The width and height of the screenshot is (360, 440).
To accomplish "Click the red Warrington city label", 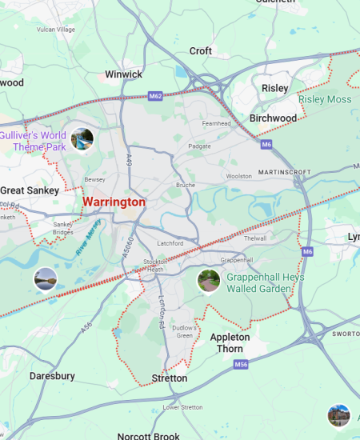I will pos(114,202).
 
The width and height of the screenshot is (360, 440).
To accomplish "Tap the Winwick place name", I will pos(123,74).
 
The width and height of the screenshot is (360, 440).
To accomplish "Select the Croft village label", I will pos(201,51).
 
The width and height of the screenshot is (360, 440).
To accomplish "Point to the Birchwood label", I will pos(273,118).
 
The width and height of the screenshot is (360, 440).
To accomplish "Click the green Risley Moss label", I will pos(325,100).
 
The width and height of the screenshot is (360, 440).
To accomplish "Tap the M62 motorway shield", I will pos(157,96).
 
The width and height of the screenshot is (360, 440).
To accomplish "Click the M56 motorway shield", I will pos(242,364).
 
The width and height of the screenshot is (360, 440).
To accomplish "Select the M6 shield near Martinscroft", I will pos(266,144).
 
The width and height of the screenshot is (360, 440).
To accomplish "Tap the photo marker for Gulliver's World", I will pos(82,139).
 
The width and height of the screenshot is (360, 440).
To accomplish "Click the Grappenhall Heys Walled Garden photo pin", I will pos(208,282).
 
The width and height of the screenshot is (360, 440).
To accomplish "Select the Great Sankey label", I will pos(29,190).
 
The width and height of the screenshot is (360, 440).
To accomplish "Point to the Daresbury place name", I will pos(52,375).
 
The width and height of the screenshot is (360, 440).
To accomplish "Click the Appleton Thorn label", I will pos(230,342).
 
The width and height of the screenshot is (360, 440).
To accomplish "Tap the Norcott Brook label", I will pos(148,436).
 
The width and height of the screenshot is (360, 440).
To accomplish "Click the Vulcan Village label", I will pos(55,30).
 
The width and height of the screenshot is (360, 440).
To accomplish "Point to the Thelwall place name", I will pos(255,238).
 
